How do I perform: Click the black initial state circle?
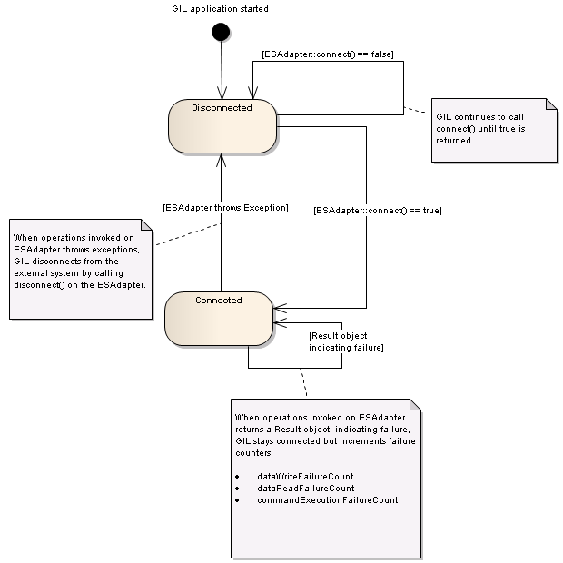coord(221,32)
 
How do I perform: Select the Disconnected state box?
coord(222,126)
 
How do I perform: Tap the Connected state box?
coord(219,319)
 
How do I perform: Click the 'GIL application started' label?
coord(220,8)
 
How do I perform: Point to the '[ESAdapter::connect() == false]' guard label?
coord(328,54)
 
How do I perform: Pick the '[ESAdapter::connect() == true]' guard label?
coord(378,211)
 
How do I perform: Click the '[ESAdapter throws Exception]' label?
coord(225,208)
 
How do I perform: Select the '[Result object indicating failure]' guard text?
coord(346,341)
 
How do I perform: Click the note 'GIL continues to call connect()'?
coord(494,131)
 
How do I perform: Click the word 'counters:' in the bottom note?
coord(254,453)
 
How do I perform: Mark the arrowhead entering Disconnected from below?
coord(222,160)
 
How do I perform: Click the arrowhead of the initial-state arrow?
coord(222,93)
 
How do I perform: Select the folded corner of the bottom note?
coord(415,404)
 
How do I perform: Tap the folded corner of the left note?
coord(146,225)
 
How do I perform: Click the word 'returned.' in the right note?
coord(455,141)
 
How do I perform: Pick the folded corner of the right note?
coord(552,104)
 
